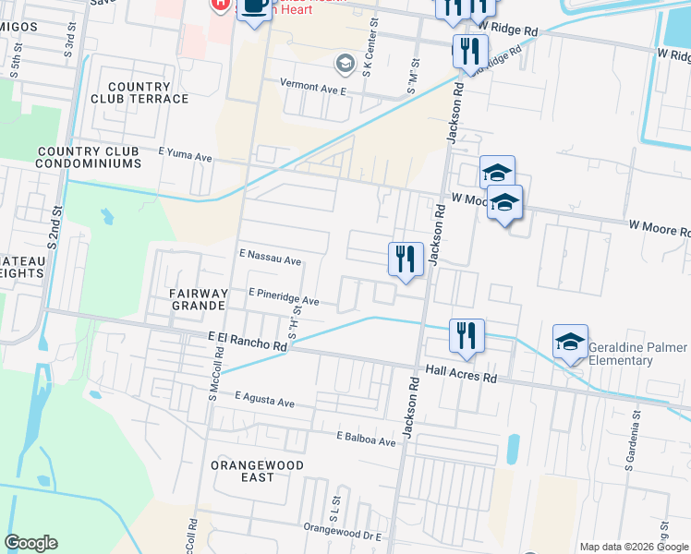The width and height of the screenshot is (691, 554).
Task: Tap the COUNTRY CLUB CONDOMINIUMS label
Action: tap(88, 157)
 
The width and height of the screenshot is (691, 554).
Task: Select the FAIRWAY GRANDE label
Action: tap(198, 298)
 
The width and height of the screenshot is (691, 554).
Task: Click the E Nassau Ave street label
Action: tap(271, 261)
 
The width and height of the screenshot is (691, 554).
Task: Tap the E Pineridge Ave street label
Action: tap(284, 301)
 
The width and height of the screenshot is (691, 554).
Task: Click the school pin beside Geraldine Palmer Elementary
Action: tap(570, 342)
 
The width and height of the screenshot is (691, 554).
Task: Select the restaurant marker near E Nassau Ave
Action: tap(405, 259)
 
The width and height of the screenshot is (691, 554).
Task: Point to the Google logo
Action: tap(30, 543)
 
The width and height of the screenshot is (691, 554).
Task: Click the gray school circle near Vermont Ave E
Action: tap(345, 64)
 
